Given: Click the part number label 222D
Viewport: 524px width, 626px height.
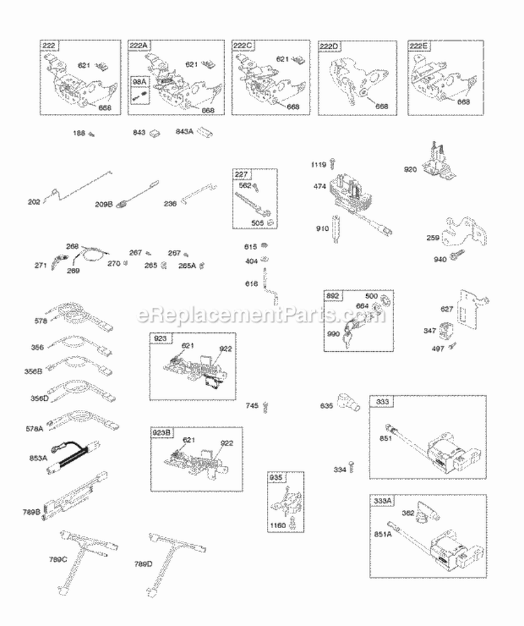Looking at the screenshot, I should [331, 46].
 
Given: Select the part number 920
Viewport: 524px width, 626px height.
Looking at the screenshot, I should [411, 169].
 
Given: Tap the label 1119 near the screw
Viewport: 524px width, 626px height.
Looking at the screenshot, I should [318, 165].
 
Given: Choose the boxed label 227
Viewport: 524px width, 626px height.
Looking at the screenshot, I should [242, 175].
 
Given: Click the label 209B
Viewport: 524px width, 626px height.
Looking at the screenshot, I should [104, 205].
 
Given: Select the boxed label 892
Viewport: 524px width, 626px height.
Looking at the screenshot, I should [333, 296].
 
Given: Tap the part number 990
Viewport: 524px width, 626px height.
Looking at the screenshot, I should [333, 335].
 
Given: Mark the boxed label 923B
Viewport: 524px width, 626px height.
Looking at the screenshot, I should [160, 433].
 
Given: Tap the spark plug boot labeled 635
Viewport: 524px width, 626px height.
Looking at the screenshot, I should [346, 403].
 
